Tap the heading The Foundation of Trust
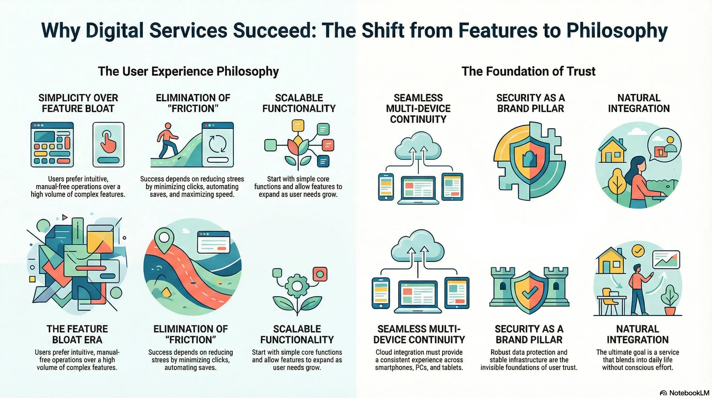click(x=528, y=72)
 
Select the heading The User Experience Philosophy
click(x=189, y=72)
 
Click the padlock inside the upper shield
click(x=529, y=159)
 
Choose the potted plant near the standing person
click(x=669, y=300)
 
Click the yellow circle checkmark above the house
click(x=638, y=251)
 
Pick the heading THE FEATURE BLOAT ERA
click(x=77, y=334)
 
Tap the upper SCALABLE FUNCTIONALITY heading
click(x=299, y=103)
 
